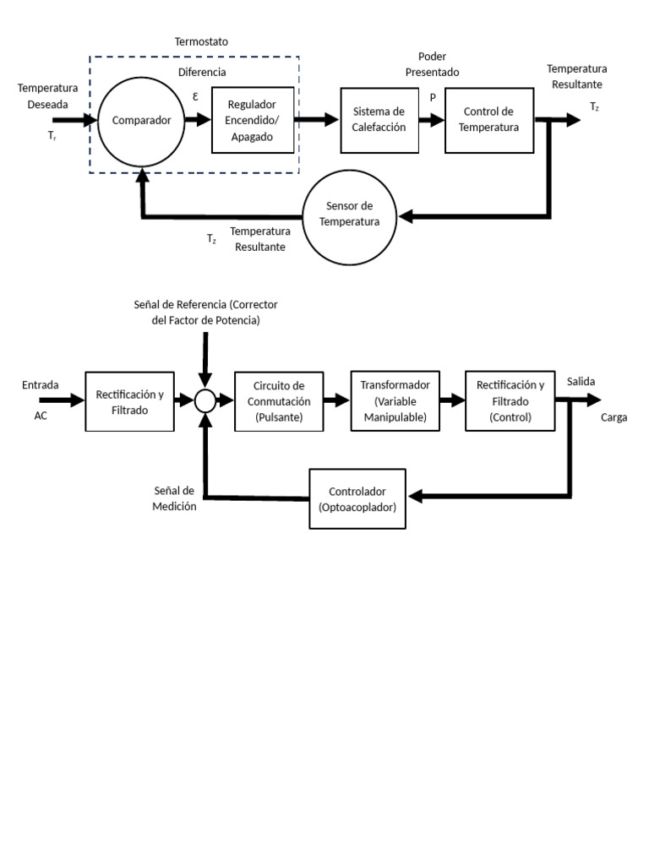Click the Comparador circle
[141, 120]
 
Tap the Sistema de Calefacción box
[379, 120]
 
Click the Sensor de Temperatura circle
[349, 215]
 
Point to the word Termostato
[201, 41]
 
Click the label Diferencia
[201, 72]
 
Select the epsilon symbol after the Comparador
[195, 96]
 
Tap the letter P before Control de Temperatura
[433, 97]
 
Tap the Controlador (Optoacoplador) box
[357, 498]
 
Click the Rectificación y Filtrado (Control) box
[510, 400]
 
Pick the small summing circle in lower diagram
[205, 400]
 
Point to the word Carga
[614, 417]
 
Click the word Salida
[581, 382]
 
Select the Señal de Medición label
[175, 498]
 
